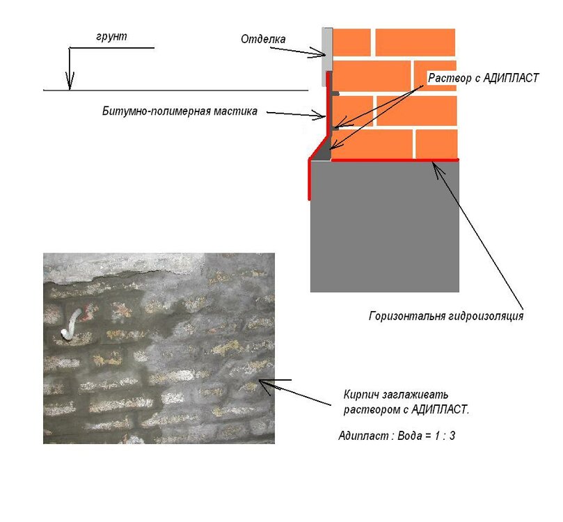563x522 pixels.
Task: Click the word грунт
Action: (x=111, y=37)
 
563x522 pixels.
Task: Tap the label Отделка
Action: (x=263, y=39)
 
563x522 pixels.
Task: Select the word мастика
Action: (x=235, y=111)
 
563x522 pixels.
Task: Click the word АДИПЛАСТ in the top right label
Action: (x=511, y=78)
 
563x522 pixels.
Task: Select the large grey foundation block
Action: (x=385, y=226)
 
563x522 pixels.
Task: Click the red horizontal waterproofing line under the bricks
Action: (x=395, y=160)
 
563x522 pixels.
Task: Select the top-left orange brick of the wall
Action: (x=352, y=42)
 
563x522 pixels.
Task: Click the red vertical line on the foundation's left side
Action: (x=310, y=179)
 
